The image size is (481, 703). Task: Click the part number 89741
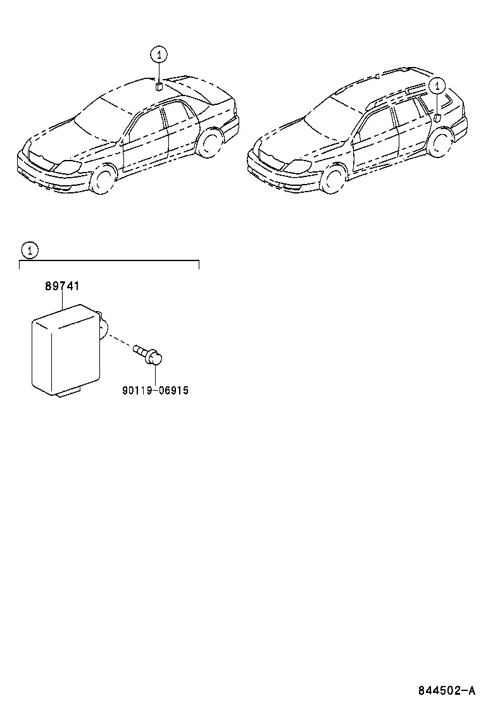pos(62,286)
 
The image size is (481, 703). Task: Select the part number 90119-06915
pos(155,391)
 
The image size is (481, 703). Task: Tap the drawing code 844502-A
pos(446,690)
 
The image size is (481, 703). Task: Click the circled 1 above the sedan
pos(159,55)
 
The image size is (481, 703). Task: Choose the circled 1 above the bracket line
pos(30,250)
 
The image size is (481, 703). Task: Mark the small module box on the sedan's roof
pos(159,86)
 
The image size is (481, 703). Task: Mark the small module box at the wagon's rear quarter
pos(437,118)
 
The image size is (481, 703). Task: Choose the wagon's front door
pos(375,140)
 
